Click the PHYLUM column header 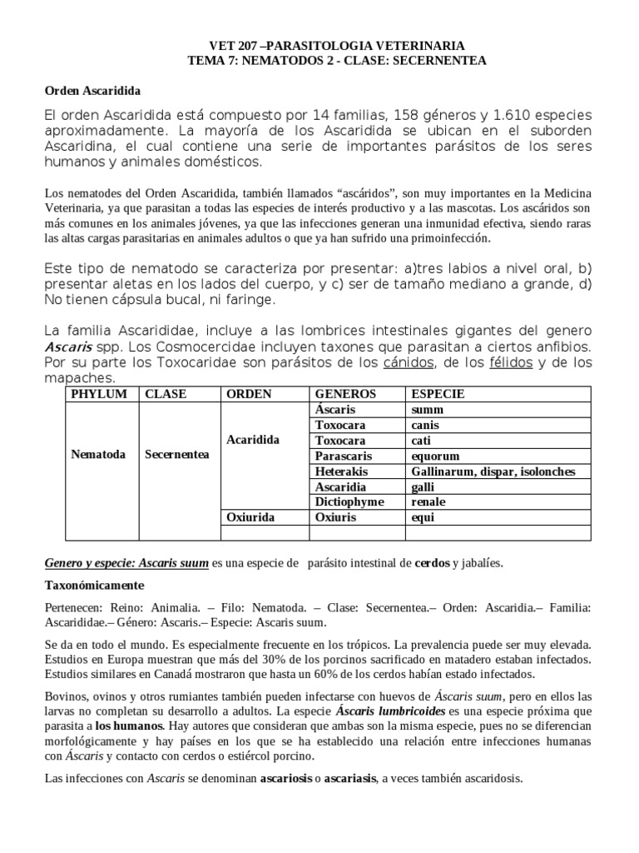point(100,394)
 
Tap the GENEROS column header point(345,394)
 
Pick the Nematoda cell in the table point(98,455)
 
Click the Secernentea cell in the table point(176,455)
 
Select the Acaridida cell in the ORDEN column point(253,439)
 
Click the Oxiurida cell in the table point(251,517)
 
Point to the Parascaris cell point(344,456)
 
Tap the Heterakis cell point(341,471)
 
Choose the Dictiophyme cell point(347,501)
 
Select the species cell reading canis point(424,425)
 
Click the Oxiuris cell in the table point(335,517)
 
